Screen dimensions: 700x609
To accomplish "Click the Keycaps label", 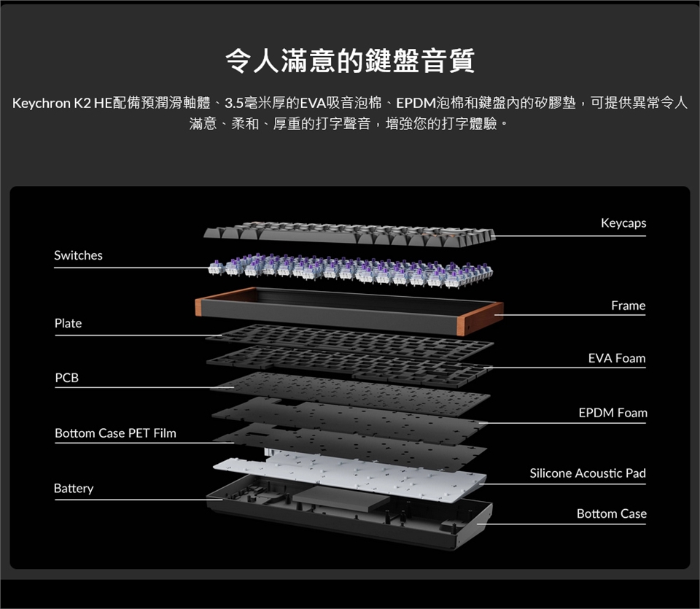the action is click(x=623, y=223).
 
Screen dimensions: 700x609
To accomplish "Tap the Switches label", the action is click(x=78, y=255).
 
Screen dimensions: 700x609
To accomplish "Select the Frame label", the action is click(x=628, y=306).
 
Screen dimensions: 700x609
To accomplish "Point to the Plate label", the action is click(x=68, y=323).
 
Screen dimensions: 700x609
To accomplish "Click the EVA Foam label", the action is click(x=617, y=358).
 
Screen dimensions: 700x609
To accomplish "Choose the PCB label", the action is click(x=66, y=378).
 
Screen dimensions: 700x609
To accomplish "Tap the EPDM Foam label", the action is click(x=612, y=413).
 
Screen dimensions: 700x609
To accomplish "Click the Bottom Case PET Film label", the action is click(x=115, y=433).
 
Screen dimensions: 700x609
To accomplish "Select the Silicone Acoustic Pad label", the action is click(x=588, y=473).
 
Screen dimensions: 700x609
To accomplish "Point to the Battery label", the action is click(x=74, y=489).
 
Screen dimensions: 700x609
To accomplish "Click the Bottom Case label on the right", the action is click(x=612, y=514).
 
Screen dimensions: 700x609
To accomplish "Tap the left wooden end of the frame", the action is click(x=198, y=307).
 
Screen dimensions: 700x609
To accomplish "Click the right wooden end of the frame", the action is click(x=481, y=317).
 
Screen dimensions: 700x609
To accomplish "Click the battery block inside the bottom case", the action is click(x=341, y=498).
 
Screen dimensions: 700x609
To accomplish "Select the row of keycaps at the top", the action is click(x=349, y=234).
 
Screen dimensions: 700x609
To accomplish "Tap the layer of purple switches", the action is click(x=351, y=269).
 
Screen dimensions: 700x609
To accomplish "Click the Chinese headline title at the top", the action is click(x=350, y=61).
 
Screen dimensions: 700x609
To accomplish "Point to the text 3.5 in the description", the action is click(x=234, y=103).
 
